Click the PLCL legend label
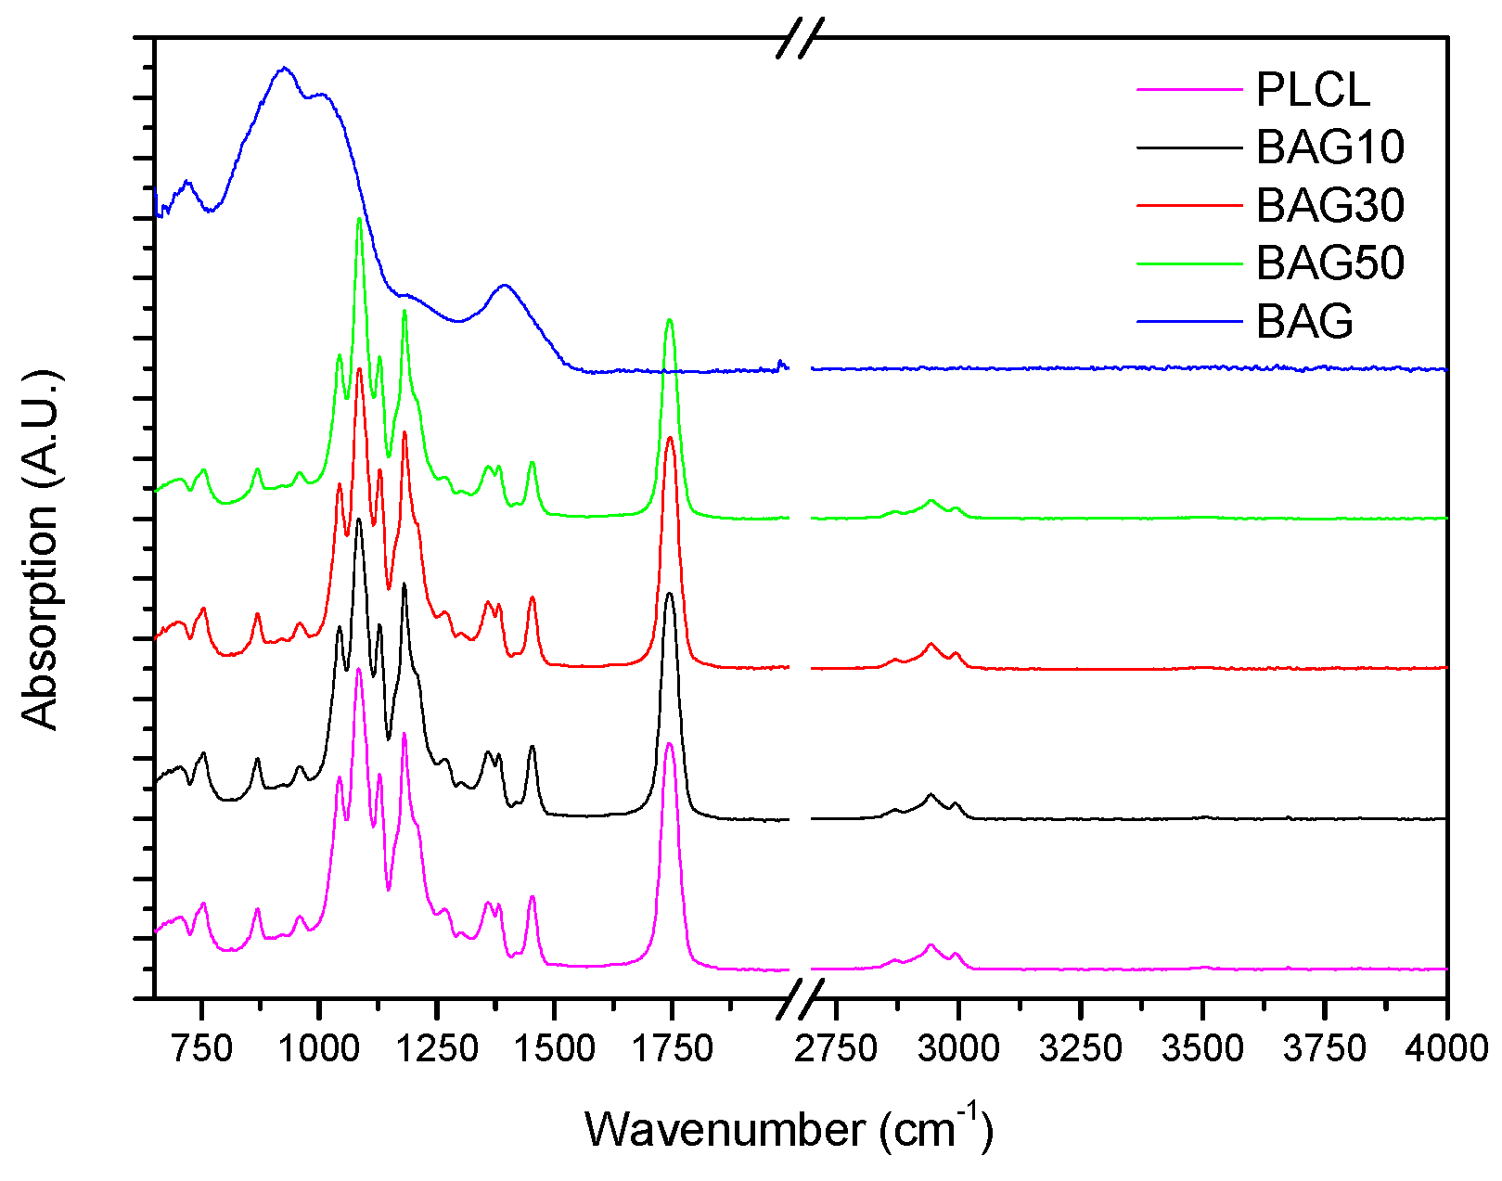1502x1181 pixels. point(1313,90)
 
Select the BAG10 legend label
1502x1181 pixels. point(1330,148)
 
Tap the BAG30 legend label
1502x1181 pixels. point(1330,205)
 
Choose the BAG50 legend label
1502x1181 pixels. point(1330,263)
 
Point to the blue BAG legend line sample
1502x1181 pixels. point(1188,321)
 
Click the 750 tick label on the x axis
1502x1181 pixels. point(202,1049)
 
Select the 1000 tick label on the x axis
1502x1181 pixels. point(319,1049)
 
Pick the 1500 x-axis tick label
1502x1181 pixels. point(554,1049)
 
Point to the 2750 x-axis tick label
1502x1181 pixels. point(836,1049)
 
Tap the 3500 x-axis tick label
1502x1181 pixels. point(1202,1049)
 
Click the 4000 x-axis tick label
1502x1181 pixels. point(1446,1049)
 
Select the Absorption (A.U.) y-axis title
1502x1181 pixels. point(40,549)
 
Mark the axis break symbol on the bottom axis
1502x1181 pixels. point(800,998)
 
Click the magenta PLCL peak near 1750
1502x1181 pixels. point(670,744)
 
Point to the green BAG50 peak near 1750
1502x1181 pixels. point(670,321)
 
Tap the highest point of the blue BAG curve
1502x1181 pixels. point(285,68)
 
